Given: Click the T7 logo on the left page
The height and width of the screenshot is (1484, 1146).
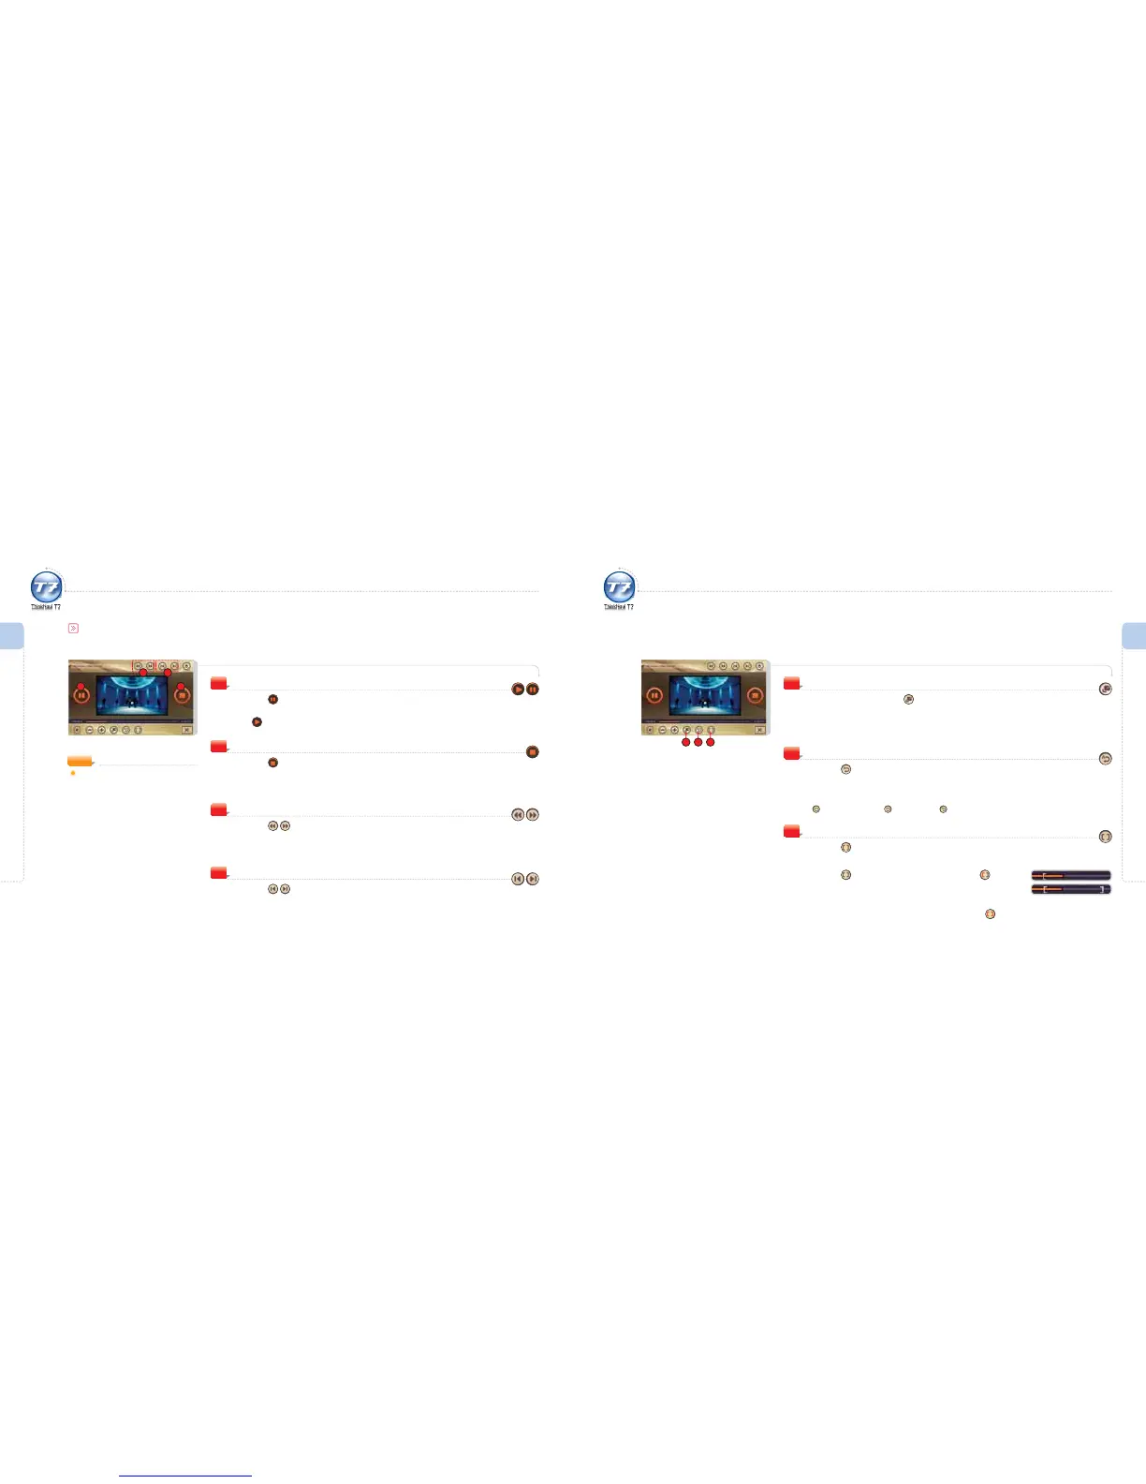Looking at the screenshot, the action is click(47, 588).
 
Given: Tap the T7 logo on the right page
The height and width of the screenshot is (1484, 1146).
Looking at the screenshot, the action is click(620, 588).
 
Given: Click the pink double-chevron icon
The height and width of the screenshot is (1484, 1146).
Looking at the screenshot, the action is click(73, 629).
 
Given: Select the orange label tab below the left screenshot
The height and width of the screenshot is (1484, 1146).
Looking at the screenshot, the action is click(80, 761).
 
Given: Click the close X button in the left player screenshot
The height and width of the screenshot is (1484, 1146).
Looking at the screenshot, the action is click(186, 729).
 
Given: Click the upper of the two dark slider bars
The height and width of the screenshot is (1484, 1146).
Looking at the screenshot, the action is click(1071, 875).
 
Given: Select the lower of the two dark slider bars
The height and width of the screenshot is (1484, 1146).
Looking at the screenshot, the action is click(1071, 889).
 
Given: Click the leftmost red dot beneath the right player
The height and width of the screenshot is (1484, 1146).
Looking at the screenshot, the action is click(686, 742).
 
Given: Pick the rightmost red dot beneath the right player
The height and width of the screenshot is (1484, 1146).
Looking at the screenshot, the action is click(711, 742).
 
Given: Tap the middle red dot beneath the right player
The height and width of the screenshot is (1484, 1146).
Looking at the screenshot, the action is click(698, 742).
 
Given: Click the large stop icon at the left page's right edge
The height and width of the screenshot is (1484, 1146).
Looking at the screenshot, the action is click(533, 752).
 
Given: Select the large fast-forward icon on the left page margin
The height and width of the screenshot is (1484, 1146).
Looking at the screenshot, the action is click(533, 815).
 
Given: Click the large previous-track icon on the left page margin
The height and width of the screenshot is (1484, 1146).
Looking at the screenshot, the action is click(518, 879).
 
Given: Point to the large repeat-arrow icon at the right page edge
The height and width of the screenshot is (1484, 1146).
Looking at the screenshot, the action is click(1106, 759).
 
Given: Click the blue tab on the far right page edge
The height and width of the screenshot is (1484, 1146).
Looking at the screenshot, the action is click(1134, 636).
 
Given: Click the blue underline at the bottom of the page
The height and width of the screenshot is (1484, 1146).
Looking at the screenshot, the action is click(185, 1476).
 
